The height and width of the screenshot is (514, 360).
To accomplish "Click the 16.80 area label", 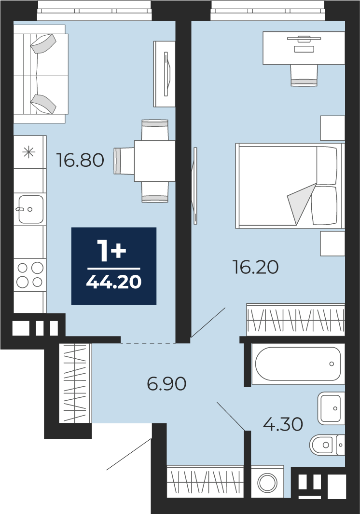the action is [80, 160].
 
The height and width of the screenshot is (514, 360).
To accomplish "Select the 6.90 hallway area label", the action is [166, 383].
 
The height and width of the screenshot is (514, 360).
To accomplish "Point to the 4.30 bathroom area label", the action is [283, 424].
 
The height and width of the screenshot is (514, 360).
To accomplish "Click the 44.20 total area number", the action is [114, 282].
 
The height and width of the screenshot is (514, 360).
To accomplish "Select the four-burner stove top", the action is [30, 275].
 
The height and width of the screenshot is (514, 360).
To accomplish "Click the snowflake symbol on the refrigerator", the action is [28, 152].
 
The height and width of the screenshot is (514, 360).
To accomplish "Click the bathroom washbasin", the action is [331, 408].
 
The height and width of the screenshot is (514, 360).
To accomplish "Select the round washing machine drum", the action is [267, 482].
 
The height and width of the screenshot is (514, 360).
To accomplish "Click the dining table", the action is [154, 161].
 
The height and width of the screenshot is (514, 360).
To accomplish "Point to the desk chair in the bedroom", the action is [304, 75].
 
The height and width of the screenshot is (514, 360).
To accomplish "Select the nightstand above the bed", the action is [332, 128].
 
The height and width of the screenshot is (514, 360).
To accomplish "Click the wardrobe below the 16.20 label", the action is [295, 320].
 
